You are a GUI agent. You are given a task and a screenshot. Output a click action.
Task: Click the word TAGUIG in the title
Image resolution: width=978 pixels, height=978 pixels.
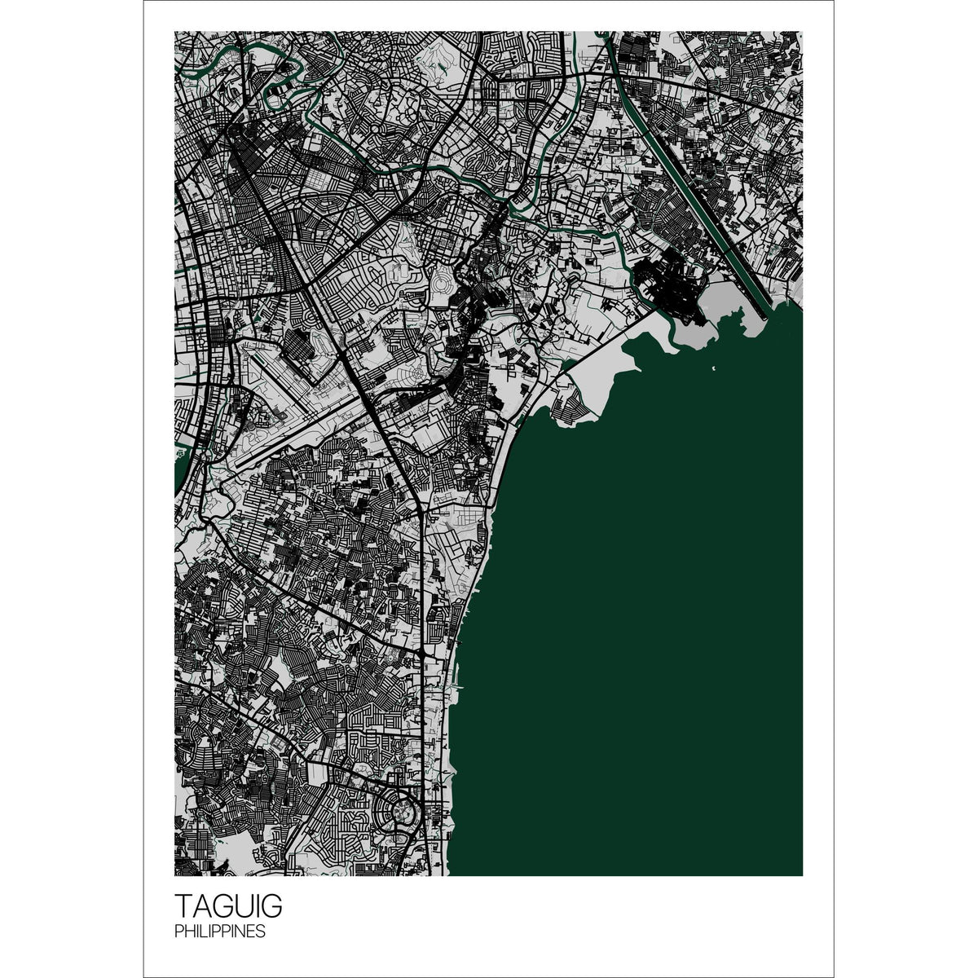coord(228,907)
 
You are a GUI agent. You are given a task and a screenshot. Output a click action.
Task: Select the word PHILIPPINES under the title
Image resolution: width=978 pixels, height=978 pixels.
coord(219,932)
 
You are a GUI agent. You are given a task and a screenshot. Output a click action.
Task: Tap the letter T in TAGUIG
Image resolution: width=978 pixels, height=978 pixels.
coord(183,907)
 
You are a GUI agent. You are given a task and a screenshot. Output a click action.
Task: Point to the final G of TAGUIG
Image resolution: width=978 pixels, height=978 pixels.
coord(271,907)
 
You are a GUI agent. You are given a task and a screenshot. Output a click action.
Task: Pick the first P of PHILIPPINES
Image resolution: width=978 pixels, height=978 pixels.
coord(178,932)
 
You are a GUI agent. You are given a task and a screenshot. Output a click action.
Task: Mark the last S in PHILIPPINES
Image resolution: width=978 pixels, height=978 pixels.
coord(261,932)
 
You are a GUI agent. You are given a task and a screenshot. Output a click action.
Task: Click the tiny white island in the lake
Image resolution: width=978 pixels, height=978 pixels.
coord(713,371)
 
